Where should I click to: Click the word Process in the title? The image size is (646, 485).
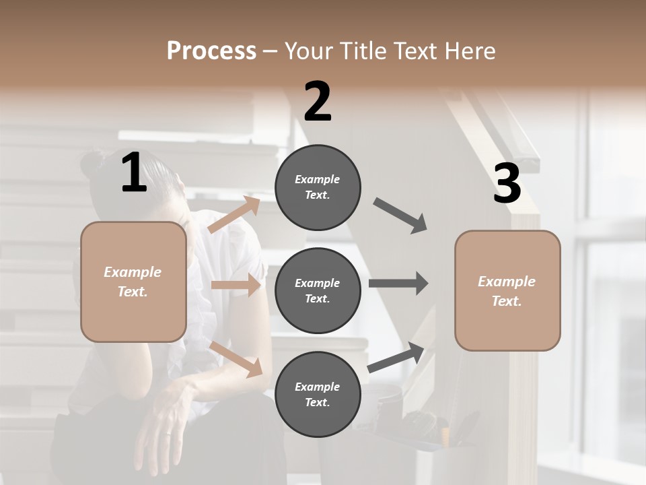(211, 51)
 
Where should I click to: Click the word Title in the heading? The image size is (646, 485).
(362, 51)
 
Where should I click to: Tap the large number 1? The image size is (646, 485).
(134, 173)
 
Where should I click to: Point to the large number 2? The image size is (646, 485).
(318, 101)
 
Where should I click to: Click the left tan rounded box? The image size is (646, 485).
(133, 282)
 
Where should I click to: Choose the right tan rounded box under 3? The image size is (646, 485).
(507, 290)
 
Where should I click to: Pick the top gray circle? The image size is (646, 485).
(318, 187)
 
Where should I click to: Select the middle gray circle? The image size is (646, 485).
(318, 290)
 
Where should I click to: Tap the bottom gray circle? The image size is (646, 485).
(318, 394)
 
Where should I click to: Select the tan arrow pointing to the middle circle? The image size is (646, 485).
(236, 285)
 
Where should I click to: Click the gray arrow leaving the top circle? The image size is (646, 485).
(401, 216)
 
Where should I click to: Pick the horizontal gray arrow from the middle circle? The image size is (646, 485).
(398, 284)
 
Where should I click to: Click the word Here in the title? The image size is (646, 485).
(470, 51)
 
